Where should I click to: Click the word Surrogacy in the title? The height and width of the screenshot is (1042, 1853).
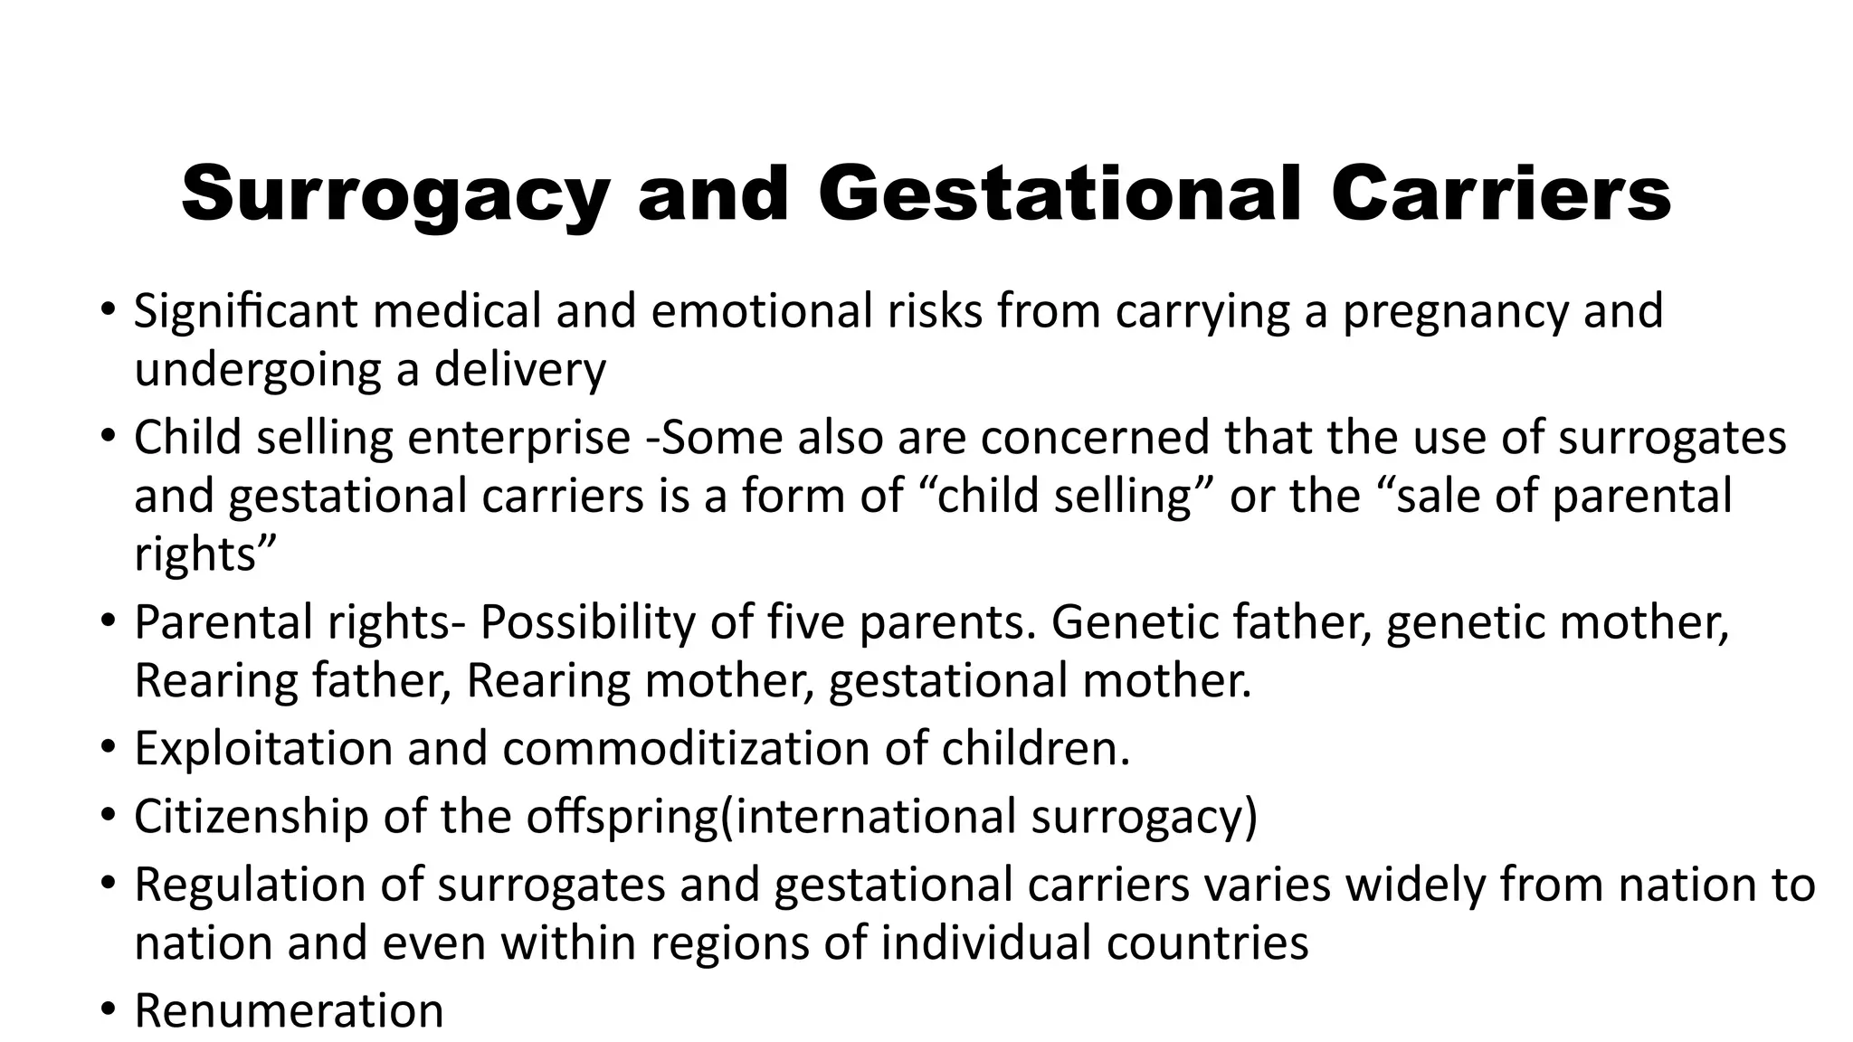tap(394, 194)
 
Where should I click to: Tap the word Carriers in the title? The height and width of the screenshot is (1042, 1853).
tap(1500, 194)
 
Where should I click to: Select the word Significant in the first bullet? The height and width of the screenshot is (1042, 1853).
tap(246, 311)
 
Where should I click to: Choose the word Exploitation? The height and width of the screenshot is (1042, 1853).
tap(263, 749)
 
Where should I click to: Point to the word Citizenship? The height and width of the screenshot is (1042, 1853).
tap(252, 816)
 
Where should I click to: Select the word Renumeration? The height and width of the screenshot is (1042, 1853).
tap(289, 1011)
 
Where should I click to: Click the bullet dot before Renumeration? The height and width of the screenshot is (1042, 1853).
tap(109, 1009)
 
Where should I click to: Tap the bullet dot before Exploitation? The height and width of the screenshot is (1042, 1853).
tap(109, 748)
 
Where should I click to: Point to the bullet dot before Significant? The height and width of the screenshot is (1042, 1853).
tap(109, 310)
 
